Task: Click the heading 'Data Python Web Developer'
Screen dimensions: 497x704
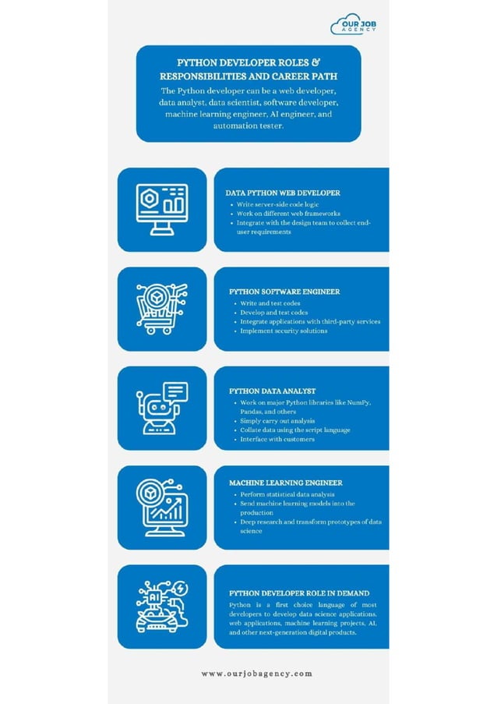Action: pos(283,192)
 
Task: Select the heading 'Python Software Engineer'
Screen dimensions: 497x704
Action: pos(284,292)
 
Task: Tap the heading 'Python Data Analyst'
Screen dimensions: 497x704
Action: pos(272,391)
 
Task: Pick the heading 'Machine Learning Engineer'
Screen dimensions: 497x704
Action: pos(285,483)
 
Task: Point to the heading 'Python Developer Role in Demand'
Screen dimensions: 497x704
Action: pos(299,593)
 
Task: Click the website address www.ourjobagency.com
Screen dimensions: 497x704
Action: pos(256,674)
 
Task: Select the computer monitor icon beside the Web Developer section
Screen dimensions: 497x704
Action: pos(162,209)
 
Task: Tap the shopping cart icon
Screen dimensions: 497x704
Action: pos(161,309)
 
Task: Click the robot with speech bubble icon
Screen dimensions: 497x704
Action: pos(161,408)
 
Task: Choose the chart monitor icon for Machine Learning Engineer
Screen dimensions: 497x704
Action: pos(161,507)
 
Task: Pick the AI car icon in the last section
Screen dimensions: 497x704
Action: pos(161,606)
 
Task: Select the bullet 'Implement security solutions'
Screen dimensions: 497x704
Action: pos(284,331)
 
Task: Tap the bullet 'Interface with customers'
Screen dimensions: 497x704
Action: pos(277,439)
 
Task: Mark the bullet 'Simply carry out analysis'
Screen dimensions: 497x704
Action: pos(277,420)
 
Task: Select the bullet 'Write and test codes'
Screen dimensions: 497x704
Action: pos(270,302)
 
